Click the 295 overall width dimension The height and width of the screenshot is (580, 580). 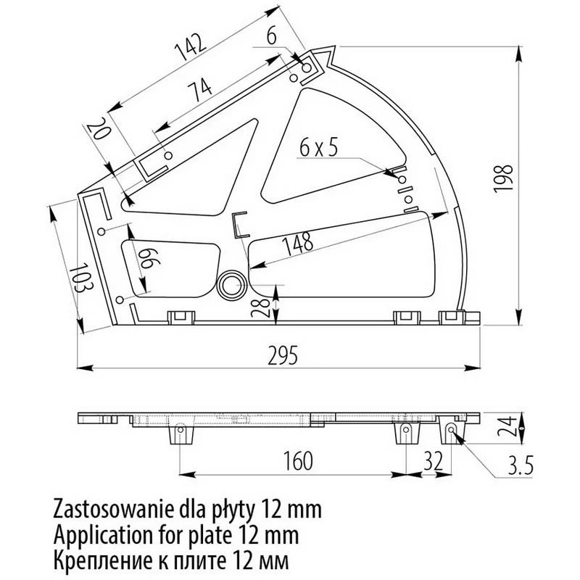[x=283, y=355]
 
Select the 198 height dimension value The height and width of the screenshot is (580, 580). [x=503, y=178]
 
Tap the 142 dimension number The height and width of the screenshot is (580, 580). [x=190, y=47]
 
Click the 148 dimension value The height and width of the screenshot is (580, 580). [x=297, y=244]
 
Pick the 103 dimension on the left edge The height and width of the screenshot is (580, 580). [x=81, y=277]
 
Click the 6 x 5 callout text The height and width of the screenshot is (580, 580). [x=318, y=149]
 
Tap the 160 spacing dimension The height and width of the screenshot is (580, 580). [x=298, y=461]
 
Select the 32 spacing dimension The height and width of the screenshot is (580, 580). [x=433, y=461]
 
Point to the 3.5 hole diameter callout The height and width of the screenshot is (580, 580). [x=520, y=465]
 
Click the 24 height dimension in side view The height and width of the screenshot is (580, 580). [x=506, y=426]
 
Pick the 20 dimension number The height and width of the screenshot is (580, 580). [x=99, y=132]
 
